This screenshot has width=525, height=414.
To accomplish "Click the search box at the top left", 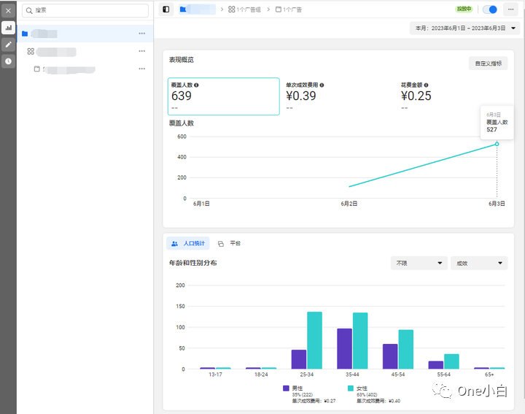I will [x=86, y=10].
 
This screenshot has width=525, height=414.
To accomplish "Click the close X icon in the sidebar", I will [x=8, y=10].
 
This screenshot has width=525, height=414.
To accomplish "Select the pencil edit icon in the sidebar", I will [x=8, y=44].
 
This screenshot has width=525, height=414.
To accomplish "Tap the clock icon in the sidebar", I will [x=8, y=61].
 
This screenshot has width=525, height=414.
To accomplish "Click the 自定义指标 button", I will [x=488, y=64].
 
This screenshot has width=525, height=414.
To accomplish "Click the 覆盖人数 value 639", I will [x=182, y=96].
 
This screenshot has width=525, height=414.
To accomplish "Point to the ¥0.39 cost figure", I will [x=301, y=96].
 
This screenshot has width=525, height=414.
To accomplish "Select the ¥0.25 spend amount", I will [x=416, y=96].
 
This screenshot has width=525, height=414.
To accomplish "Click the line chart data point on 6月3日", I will [x=497, y=144].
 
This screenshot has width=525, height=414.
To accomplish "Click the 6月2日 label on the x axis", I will [x=349, y=204].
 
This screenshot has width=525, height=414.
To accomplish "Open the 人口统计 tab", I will [x=188, y=243].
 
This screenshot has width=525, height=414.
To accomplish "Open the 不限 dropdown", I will [x=419, y=263].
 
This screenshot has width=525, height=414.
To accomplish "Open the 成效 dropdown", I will [x=478, y=263].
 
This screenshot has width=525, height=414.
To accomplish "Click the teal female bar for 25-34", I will [x=314, y=340].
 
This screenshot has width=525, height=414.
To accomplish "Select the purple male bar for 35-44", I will [x=344, y=348].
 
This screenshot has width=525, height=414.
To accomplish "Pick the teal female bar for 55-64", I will [x=451, y=361].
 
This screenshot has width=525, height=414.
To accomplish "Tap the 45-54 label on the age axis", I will [x=397, y=375].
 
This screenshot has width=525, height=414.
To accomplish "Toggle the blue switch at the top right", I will [x=490, y=9].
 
